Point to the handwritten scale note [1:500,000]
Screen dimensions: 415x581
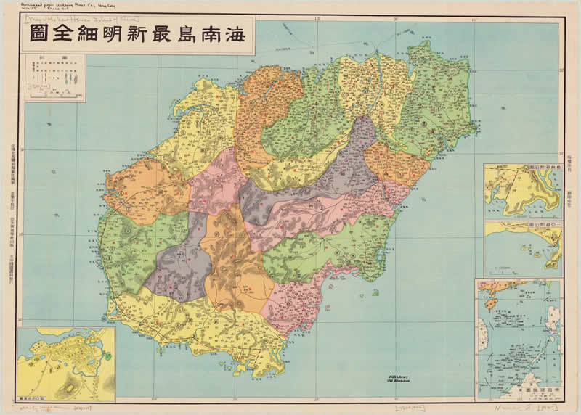[x=411, y=409]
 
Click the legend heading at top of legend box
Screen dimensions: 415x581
[x=54, y=60]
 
